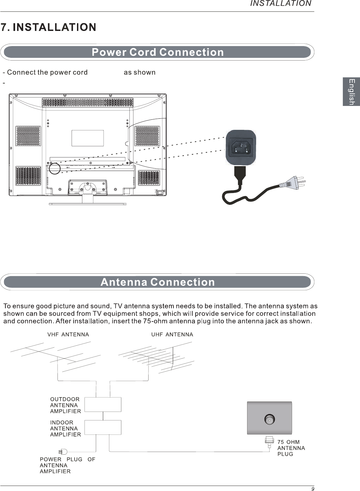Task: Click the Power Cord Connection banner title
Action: (158, 52)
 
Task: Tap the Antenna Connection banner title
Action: (158, 282)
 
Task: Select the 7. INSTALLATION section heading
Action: (49, 27)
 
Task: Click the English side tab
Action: (351, 92)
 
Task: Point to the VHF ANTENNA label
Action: (68, 335)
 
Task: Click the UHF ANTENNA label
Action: (172, 335)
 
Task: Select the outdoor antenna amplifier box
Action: (103, 404)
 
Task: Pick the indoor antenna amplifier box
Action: (103, 427)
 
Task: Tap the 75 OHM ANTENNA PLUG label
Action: (291, 448)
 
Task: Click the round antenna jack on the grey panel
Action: (270, 419)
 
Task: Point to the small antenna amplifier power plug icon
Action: (63, 452)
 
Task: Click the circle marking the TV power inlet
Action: (54, 168)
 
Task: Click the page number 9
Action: (313, 489)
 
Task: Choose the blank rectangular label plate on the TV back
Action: (87, 138)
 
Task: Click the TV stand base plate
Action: (87, 204)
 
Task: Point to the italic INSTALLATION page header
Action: (281, 4)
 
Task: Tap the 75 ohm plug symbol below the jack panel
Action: (269, 442)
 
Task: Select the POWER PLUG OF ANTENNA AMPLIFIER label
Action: (67, 465)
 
